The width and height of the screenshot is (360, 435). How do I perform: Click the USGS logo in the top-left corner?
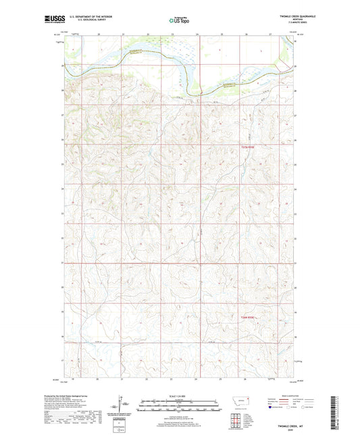click(x=52, y=20)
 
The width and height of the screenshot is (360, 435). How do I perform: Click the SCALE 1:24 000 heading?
click(x=180, y=396)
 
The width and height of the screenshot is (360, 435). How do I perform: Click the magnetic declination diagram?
click(x=123, y=407)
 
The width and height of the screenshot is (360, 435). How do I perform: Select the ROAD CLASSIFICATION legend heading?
click(x=292, y=396)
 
